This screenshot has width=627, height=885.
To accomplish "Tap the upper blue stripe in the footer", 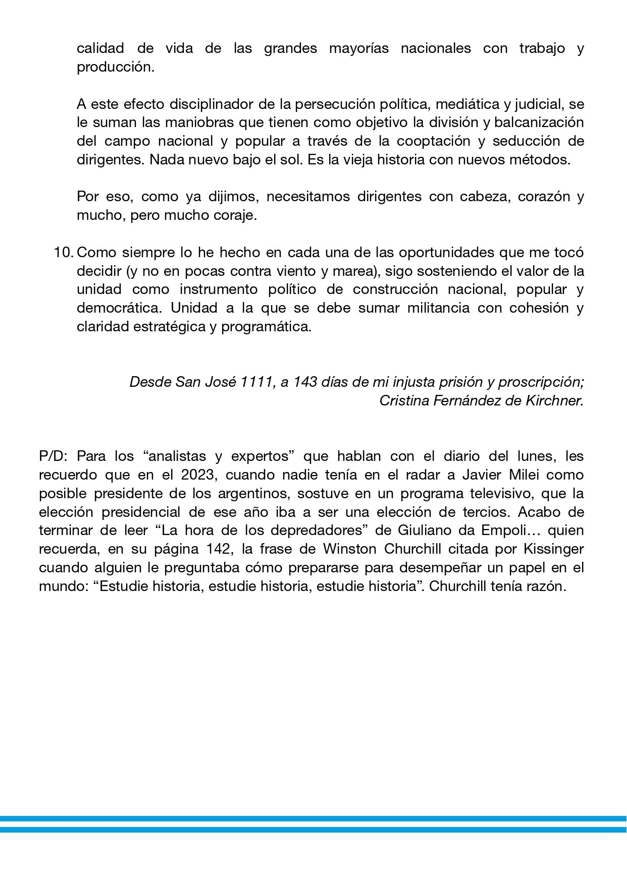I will click(x=313, y=818).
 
